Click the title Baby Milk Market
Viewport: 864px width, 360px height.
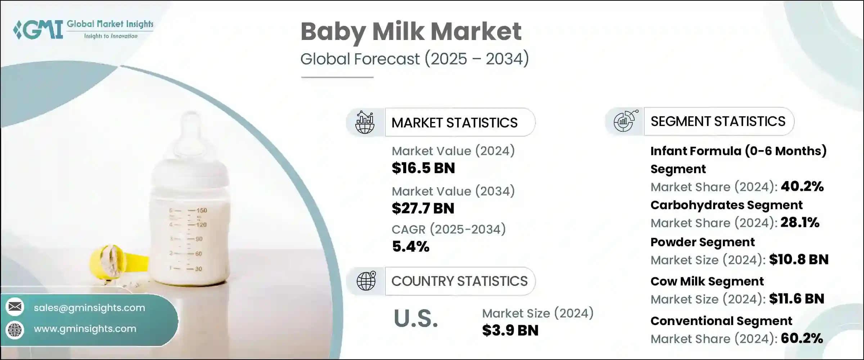click(411, 32)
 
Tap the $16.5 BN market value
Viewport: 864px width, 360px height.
click(423, 168)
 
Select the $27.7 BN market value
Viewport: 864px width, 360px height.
click(423, 208)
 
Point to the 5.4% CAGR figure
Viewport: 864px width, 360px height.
click(411, 247)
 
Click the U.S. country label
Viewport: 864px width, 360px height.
click(416, 319)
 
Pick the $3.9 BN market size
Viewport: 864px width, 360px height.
click(510, 330)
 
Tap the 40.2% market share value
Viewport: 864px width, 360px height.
click(802, 186)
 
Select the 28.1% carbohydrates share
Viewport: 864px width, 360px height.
click(800, 222)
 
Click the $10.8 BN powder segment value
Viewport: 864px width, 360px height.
click(799, 260)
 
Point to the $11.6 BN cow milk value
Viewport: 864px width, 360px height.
click(797, 299)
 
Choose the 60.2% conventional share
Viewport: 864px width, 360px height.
click(802, 338)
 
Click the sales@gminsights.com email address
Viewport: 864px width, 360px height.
click(89, 308)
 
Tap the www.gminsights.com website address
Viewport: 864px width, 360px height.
click(85, 329)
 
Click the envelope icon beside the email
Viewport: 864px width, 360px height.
click(15, 307)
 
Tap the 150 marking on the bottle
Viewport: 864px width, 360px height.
click(202, 210)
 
